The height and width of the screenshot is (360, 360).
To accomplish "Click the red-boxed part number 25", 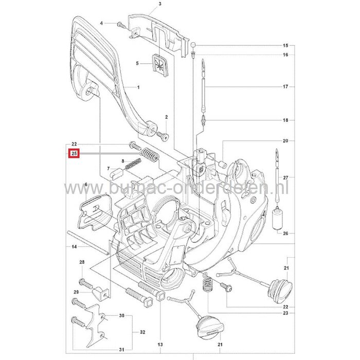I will pos(74,153).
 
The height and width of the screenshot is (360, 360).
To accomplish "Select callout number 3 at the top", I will pos(146,4).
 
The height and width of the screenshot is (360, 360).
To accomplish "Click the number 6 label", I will pos(86,184).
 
